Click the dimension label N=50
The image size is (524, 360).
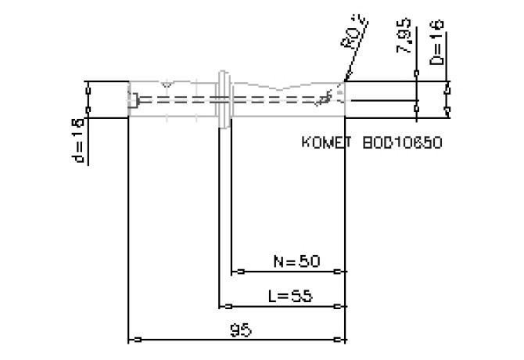[x=296, y=261]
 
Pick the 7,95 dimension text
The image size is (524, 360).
[x=405, y=38]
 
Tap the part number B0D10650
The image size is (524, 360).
[x=402, y=143]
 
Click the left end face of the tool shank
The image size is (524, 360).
[x=129, y=99]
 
